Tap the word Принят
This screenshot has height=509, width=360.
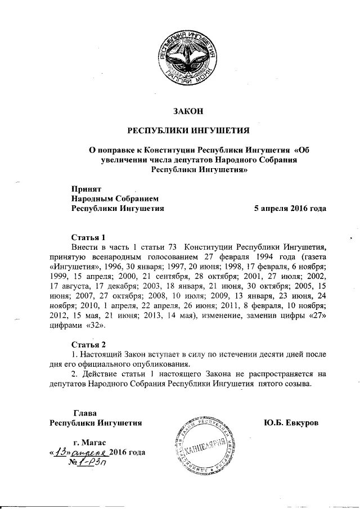(x=84, y=188)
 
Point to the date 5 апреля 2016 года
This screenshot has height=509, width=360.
(x=290, y=208)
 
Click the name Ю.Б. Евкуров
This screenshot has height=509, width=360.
(x=291, y=421)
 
